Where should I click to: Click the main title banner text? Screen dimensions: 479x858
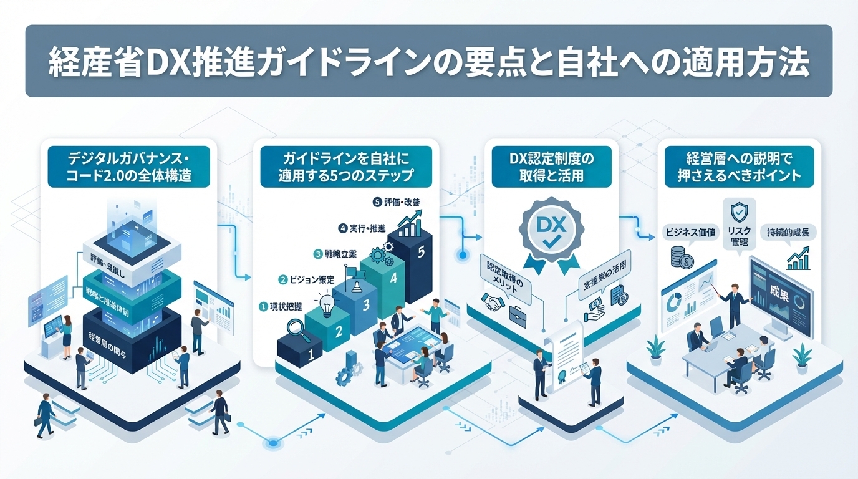(x=429, y=62)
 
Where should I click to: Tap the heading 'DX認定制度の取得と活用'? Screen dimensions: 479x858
(x=551, y=167)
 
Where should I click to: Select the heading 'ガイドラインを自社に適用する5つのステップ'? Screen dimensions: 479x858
(x=346, y=167)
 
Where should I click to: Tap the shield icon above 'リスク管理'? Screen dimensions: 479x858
(x=739, y=211)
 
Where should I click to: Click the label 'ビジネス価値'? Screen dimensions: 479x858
(x=690, y=232)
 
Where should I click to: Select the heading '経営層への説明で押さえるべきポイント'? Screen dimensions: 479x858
(x=739, y=167)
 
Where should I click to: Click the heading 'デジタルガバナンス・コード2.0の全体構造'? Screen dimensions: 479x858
(x=129, y=167)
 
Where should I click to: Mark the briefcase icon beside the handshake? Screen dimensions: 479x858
(x=518, y=314)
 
